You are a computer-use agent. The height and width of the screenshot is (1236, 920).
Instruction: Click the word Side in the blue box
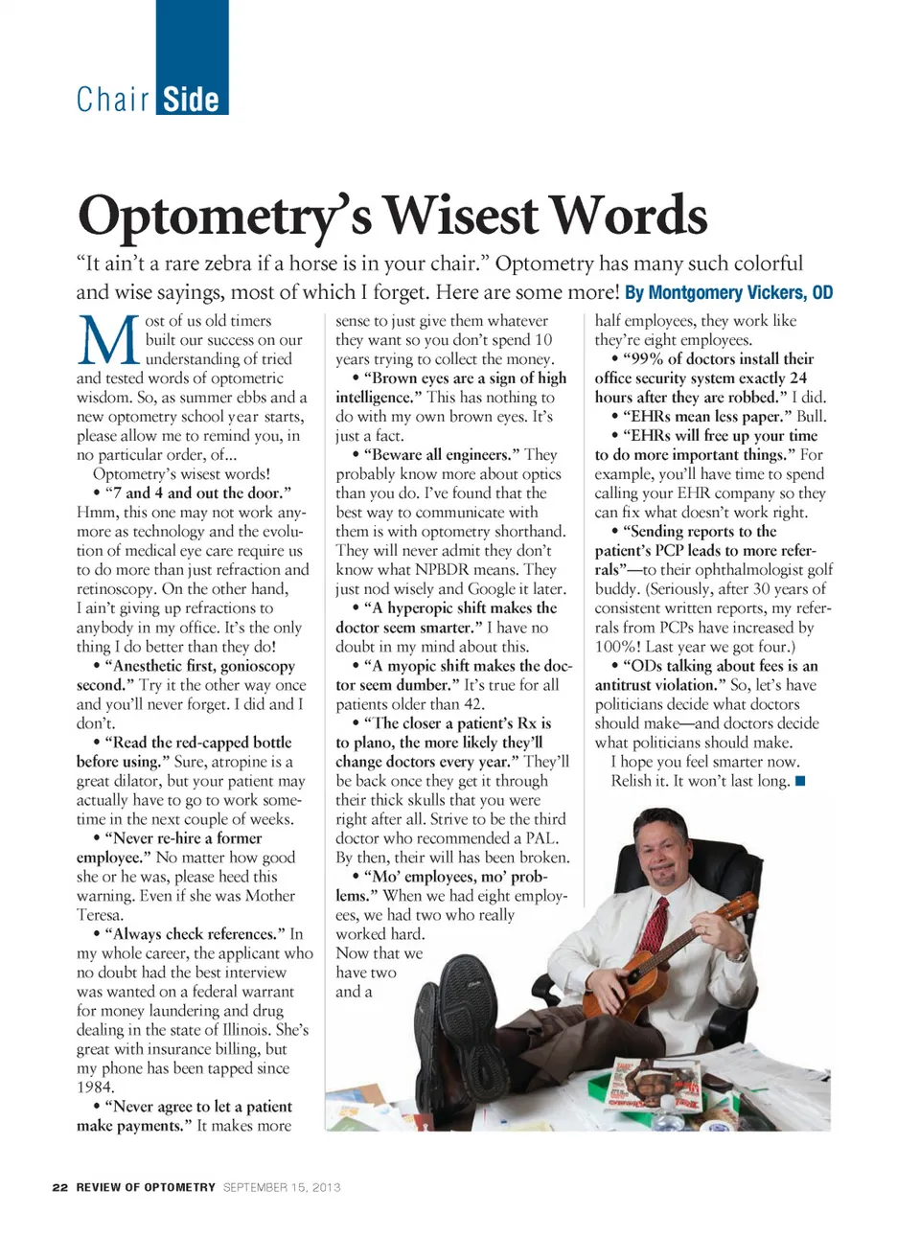[191, 100]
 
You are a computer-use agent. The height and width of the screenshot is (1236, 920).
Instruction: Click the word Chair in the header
[113, 100]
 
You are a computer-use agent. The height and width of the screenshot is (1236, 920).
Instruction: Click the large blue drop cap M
[107, 340]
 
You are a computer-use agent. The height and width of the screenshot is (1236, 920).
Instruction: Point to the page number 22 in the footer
[60, 1187]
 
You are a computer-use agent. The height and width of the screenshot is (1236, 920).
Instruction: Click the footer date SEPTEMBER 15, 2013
[282, 1187]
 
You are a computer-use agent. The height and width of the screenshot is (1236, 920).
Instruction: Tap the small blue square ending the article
[800, 781]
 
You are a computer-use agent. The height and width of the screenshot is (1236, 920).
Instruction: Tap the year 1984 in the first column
[95, 1087]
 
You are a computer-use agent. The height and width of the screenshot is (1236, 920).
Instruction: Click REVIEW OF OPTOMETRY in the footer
[146, 1187]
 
